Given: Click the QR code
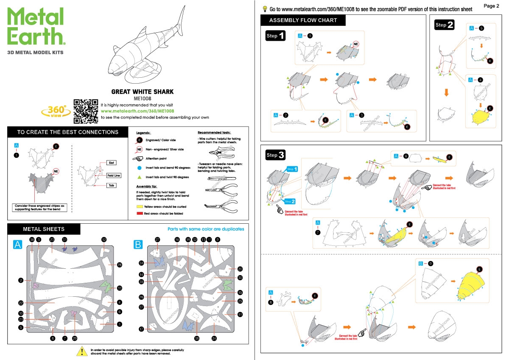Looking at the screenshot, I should pos(86,110).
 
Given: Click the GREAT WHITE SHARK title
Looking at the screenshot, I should pos(142,92).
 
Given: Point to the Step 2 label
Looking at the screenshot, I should pos(445,25).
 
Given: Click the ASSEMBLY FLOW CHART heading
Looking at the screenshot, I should pos(303,20).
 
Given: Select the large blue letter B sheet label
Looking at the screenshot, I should pos(138,245).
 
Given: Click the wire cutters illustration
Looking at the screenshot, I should pos(218,152).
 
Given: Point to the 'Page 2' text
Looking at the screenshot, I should pos(491,6).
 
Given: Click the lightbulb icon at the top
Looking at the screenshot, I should pos(264,8).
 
